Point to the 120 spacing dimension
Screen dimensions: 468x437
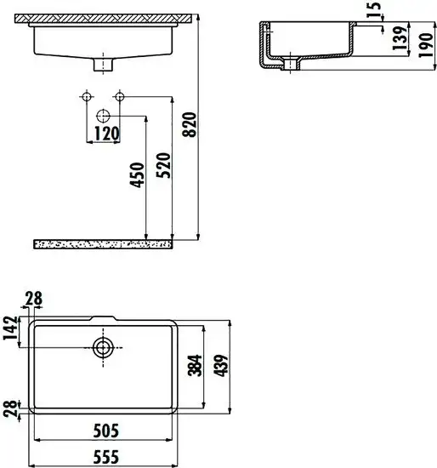coord(106,134)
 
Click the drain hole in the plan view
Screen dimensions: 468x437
coord(103,347)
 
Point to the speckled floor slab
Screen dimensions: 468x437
coord(102,243)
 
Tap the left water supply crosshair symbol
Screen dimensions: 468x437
coord(86,96)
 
